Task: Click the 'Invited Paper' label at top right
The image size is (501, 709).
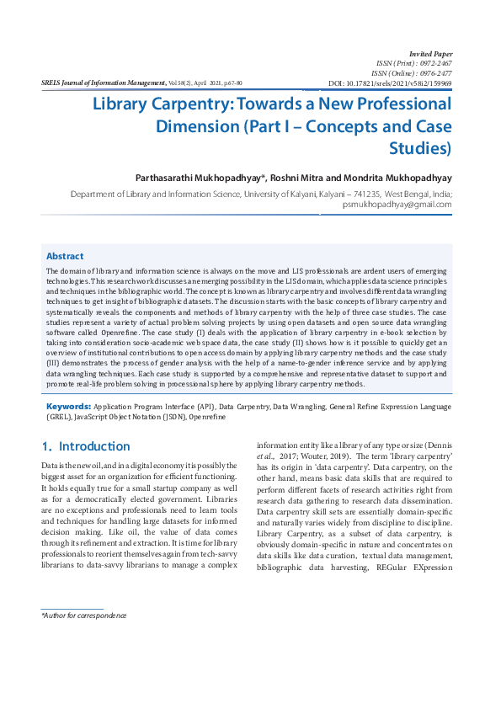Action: [430, 53]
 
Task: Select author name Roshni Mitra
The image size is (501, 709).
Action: [296, 179]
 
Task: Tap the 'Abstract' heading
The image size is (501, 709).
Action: [65, 255]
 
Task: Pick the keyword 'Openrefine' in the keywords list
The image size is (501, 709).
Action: [207, 416]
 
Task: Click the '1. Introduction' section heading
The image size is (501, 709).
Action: [86, 446]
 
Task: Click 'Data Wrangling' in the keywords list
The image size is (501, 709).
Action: [299, 406]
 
